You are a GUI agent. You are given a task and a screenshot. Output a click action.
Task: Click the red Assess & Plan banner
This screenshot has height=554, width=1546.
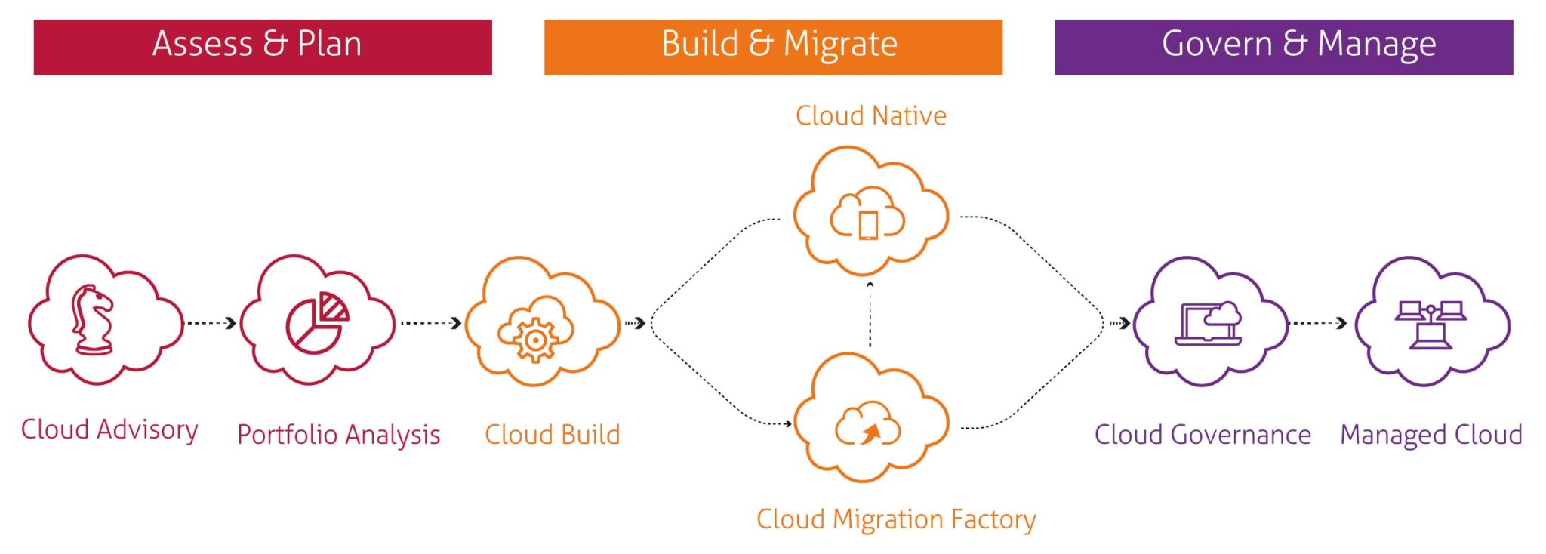(263, 47)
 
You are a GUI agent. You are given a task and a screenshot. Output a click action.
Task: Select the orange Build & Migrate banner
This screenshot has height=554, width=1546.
(773, 47)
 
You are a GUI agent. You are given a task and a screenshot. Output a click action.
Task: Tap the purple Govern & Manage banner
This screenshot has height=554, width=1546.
(1283, 47)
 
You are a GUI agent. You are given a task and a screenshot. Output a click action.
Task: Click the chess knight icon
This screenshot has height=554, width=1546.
(92, 320)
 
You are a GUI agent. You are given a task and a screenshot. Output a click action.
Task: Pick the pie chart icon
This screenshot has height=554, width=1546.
(316, 323)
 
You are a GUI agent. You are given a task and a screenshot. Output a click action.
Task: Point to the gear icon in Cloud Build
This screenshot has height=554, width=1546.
(535, 340)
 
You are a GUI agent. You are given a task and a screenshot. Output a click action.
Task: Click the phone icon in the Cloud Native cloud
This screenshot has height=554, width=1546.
(868, 224)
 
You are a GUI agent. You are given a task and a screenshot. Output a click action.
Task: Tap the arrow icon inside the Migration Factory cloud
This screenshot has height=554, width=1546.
(870, 433)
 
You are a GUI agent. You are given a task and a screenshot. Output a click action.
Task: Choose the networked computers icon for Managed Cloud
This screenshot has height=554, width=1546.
(1430, 325)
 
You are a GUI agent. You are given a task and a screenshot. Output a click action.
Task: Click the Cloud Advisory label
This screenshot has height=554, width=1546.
(109, 429)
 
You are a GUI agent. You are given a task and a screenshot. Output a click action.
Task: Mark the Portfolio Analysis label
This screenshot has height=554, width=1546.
(338, 435)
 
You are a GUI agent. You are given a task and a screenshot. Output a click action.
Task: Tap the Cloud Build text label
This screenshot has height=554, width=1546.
(552, 435)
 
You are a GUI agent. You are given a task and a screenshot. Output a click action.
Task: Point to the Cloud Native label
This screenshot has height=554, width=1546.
(870, 115)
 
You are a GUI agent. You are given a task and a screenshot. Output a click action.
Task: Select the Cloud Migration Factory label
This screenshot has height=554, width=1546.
(896, 519)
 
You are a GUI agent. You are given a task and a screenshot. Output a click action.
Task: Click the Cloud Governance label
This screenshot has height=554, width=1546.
(1203, 435)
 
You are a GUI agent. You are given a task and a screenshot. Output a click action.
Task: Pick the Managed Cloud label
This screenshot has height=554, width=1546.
(1431, 435)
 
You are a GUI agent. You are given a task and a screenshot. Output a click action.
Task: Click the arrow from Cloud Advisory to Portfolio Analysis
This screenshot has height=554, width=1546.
(211, 323)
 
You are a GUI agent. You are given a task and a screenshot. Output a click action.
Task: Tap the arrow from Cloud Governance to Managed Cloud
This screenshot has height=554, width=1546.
(1318, 323)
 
